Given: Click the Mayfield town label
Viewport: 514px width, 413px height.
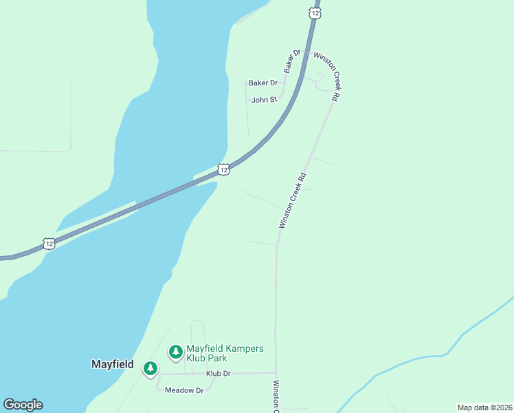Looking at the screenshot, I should (x=113, y=364).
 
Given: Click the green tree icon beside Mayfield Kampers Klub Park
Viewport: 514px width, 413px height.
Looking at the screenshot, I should (x=176, y=352).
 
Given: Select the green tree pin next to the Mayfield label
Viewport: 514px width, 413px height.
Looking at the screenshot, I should (x=150, y=369).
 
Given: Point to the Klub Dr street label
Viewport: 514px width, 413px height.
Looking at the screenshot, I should (x=218, y=374).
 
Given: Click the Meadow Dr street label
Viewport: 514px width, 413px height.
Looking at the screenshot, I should (x=185, y=390).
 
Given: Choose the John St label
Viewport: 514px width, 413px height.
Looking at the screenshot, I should (x=264, y=100).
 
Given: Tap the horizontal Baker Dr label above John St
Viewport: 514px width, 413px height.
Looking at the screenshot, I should (x=262, y=83).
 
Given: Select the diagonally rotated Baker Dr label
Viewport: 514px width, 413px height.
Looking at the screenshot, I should (x=293, y=61).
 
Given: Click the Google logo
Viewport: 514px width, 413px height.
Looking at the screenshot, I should (x=23, y=405).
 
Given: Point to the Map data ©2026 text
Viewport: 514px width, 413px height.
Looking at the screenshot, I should (x=484, y=407).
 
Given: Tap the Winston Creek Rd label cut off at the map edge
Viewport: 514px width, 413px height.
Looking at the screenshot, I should (x=276, y=397).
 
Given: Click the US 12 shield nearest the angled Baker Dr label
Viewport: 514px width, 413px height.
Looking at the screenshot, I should (x=315, y=13).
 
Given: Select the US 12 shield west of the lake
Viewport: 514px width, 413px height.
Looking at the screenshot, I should (x=49, y=243).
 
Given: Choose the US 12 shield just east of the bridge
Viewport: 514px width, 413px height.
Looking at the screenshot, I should (x=223, y=169).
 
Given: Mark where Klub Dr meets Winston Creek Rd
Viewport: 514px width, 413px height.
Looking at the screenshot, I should (x=276, y=373).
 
